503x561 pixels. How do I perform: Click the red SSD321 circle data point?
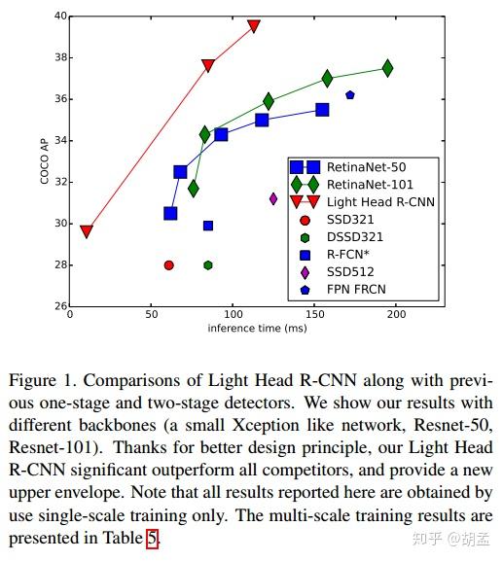(169, 264)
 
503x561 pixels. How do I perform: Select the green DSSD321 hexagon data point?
(208, 264)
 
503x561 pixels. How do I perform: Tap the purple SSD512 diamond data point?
(273, 198)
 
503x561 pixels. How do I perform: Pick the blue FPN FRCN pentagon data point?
(350, 94)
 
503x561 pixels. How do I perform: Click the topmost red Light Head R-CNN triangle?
(254, 26)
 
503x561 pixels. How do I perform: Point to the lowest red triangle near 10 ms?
(87, 231)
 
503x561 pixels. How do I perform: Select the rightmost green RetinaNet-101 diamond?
(387, 68)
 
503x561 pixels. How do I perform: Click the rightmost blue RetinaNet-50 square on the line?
(322, 110)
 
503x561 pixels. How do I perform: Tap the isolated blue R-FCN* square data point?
(208, 226)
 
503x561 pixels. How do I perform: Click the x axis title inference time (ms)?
(257, 329)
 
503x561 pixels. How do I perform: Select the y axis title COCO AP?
(45, 161)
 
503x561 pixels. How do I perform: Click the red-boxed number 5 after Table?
(152, 537)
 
